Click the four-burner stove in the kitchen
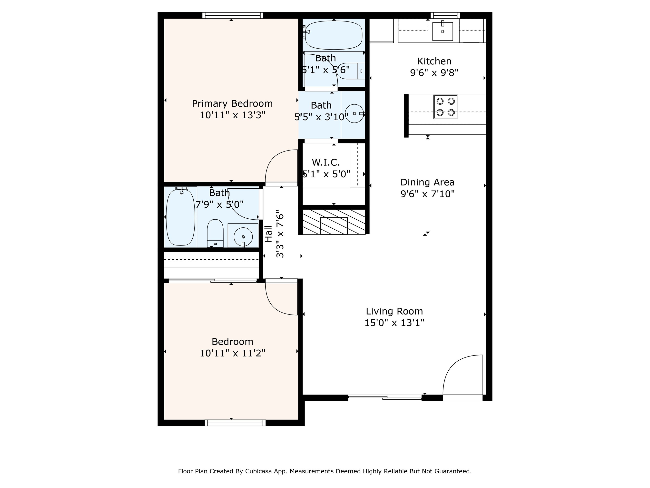pos(445,107)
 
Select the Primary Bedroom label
pos(232,103)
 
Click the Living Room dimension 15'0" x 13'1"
pos(394,323)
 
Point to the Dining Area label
pos(428,182)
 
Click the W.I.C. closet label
pos(326,162)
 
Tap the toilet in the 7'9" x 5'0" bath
pos(215,233)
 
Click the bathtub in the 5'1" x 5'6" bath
pos(334,35)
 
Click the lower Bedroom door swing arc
pos(273,306)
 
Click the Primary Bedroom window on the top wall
pos(233,15)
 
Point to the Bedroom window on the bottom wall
pos(235,423)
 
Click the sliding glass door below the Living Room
pos(385,398)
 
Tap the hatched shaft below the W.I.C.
pos(334,222)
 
